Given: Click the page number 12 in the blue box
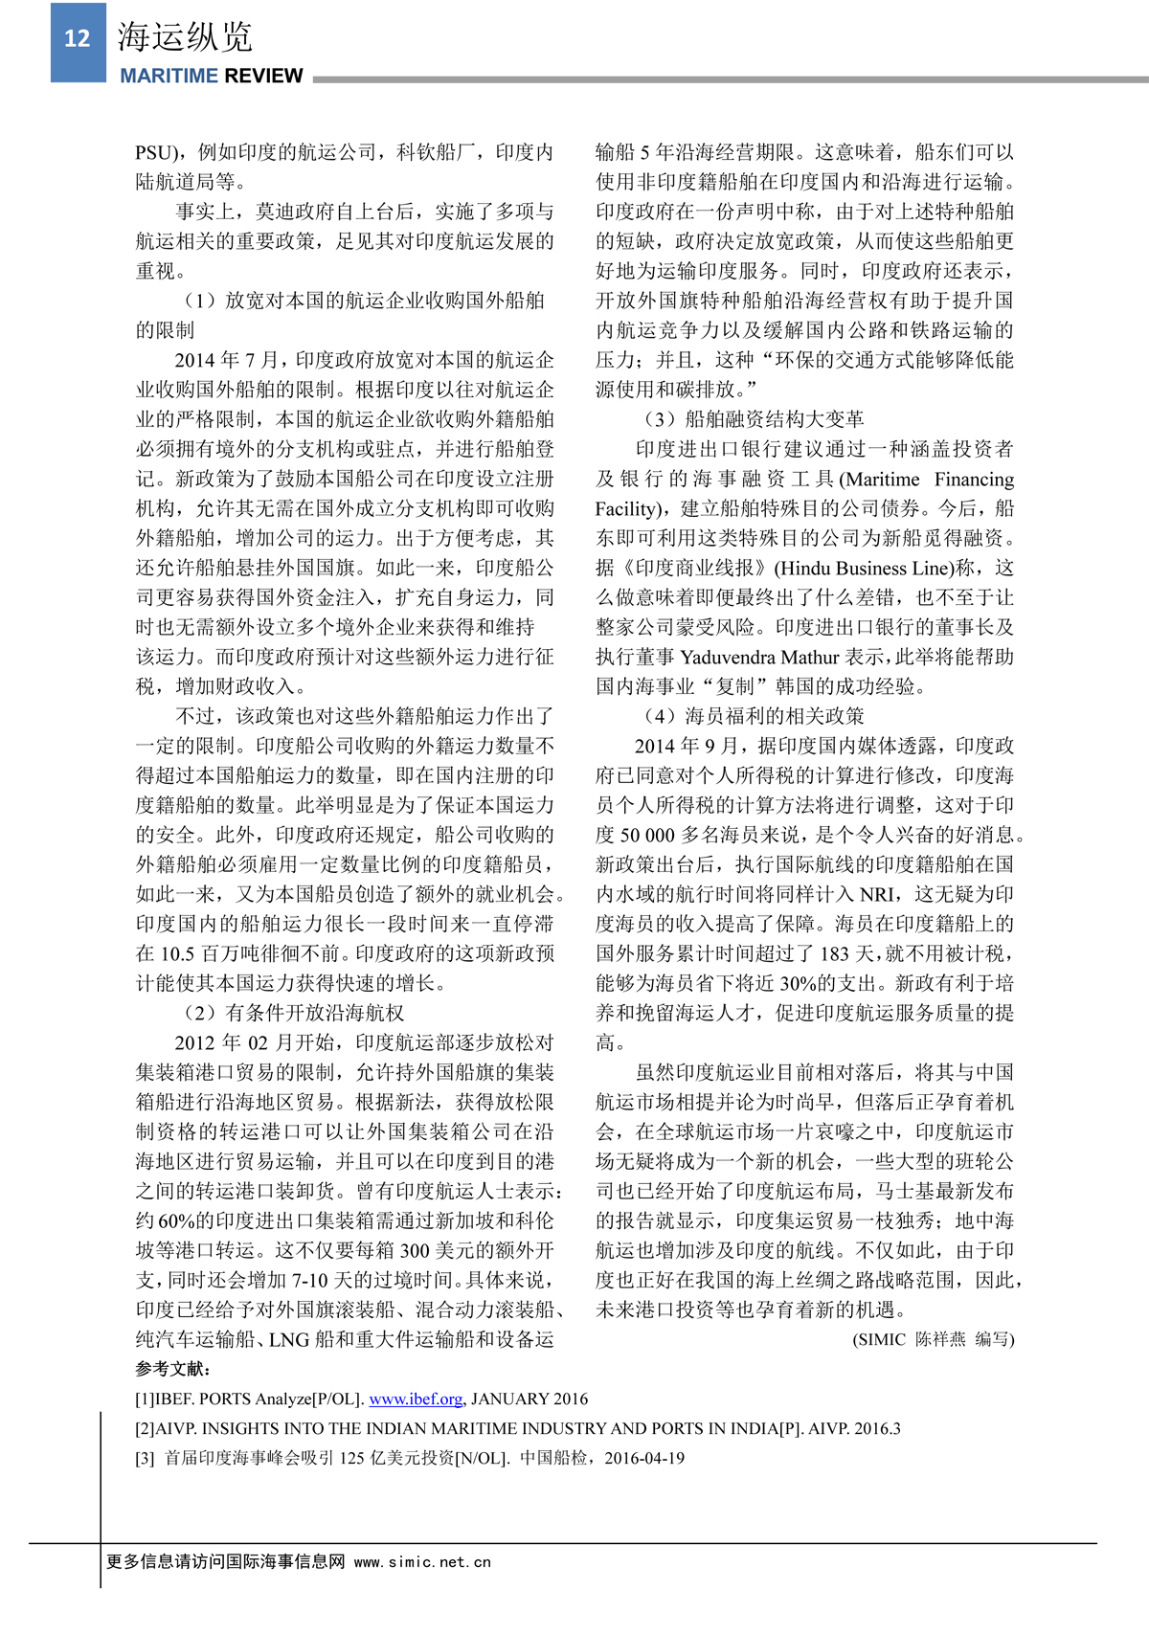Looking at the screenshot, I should click(x=77, y=38).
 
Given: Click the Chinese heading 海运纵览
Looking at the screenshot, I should click(x=185, y=36).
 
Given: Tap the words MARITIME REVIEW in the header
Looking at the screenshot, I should click(x=211, y=77).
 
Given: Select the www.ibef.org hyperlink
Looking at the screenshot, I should click(x=416, y=1399).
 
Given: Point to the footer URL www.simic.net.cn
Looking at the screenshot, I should click(x=422, y=1562).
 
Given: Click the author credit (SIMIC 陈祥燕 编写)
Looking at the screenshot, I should click(x=933, y=1339).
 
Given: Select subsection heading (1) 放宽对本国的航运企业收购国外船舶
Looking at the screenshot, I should click(x=364, y=301).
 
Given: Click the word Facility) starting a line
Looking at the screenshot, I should click(x=632, y=508).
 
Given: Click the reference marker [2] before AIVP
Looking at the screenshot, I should click(x=146, y=1428).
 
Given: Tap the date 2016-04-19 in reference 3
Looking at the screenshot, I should click(x=644, y=1458).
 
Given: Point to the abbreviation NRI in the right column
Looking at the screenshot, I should click(x=879, y=894).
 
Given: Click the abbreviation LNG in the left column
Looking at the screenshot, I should click(x=288, y=1339).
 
